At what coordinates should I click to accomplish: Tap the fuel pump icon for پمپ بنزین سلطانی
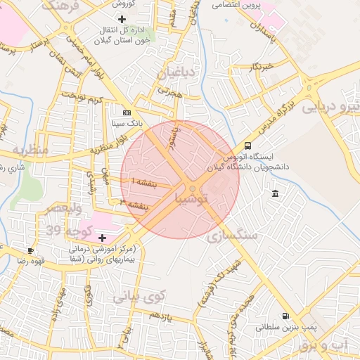pos(285,316)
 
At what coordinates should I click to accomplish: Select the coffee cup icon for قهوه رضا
pos(30,250)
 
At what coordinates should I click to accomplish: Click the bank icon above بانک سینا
pos(127,112)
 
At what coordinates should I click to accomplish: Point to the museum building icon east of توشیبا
pos(274,193)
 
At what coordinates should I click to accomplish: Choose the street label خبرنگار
pos(259,67)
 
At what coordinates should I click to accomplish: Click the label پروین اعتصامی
pos(237,5)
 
